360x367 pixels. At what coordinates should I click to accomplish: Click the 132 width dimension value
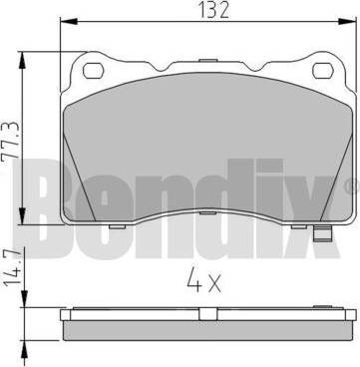[213, 10]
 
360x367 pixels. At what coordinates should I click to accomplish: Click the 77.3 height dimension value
[11, 143]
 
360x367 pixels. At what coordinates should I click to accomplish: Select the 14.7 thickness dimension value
[11, 266]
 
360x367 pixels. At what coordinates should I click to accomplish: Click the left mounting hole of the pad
[94, 71]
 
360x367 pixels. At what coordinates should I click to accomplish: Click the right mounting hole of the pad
[323, 71]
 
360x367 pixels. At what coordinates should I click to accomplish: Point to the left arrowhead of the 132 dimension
[69, 22]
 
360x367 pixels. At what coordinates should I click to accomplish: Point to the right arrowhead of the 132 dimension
[348, 22]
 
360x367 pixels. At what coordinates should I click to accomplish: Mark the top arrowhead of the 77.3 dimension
[22, 61]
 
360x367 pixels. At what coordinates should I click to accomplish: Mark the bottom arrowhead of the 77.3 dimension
[22, 216]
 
